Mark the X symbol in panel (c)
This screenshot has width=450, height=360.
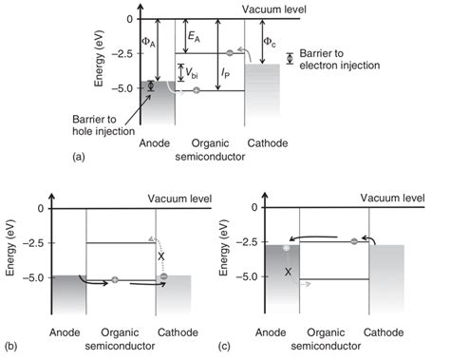pos(288,271)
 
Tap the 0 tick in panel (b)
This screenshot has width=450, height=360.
pos(38,208)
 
